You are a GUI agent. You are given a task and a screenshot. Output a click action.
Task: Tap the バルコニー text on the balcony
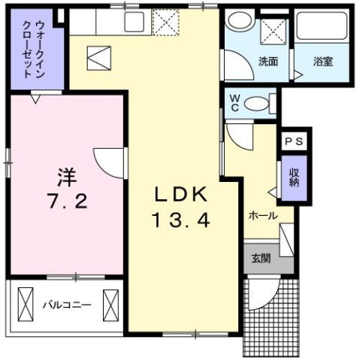(x=66, y=306)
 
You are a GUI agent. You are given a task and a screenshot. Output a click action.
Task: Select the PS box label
(x=295, y=140)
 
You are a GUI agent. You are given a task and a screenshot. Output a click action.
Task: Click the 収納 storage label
(x=294, y=177)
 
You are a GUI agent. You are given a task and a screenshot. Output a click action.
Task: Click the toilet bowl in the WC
(x=256, y=102)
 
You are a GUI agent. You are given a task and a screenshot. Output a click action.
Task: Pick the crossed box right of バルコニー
(x=111, y=305)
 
